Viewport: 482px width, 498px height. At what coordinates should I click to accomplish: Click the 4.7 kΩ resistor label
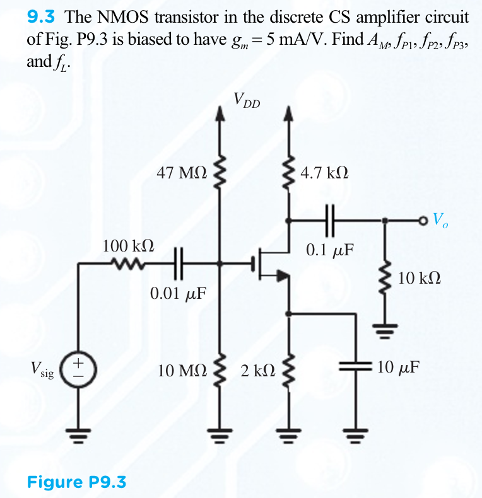[324, 172]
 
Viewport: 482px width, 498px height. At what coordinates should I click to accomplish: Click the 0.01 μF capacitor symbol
[179, 265]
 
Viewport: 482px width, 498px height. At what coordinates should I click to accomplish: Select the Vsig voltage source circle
[78, 369]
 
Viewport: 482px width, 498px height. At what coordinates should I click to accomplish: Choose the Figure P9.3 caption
[76, 482]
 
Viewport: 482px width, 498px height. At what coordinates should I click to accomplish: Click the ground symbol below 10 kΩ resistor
[386, 327]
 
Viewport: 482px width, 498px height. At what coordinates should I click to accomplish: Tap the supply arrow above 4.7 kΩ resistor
[290, 115]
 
